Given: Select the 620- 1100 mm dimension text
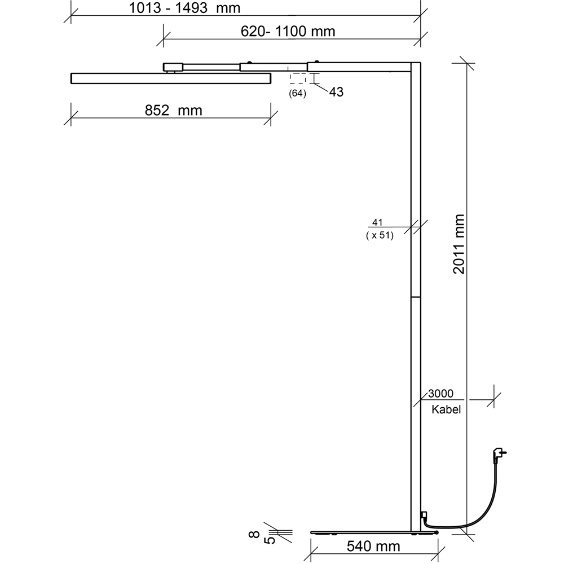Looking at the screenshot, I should [288, 32].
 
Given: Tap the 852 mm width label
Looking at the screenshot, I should [173, 111].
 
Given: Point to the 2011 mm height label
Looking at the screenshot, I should [459, 244].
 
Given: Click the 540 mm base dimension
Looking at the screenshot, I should [373, 546].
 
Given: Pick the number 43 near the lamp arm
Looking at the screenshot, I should [336, 92].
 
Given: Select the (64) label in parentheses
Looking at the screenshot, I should [297, 94].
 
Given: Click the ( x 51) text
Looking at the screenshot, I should [380, 235].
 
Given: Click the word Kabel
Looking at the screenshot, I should [446, 410].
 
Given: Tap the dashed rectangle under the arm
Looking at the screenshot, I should [297, 78].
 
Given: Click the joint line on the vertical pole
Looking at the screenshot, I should [416, 296].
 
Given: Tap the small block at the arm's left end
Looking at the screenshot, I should [173, 67].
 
